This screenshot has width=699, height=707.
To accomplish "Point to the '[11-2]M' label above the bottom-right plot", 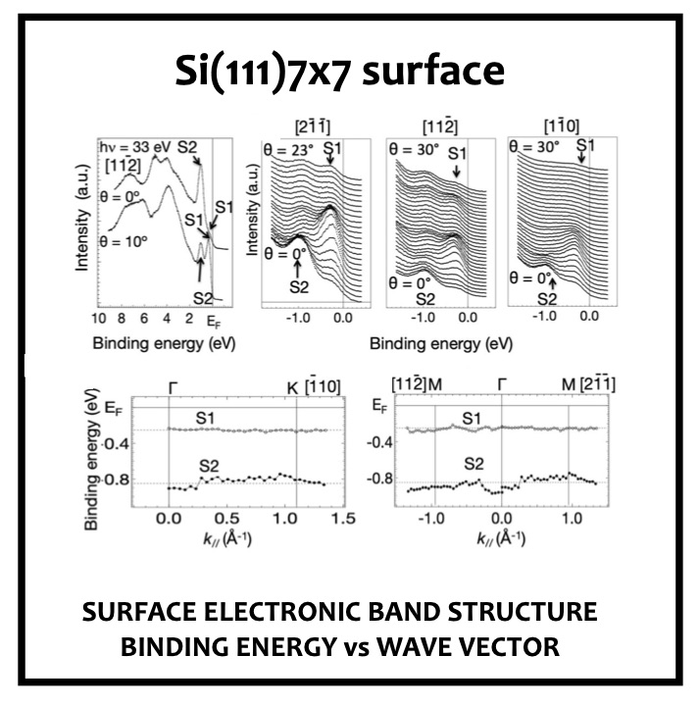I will pos(417,383).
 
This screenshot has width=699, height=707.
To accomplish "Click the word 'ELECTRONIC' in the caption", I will pos(288,613).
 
